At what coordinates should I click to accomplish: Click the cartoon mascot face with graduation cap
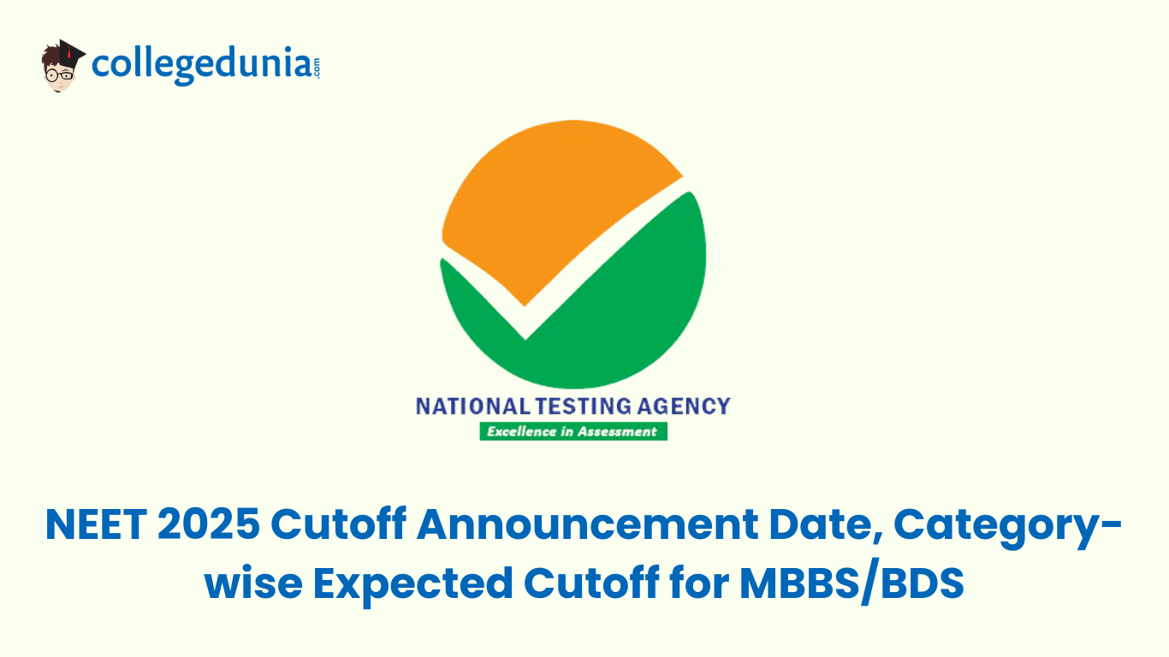pos(62,66)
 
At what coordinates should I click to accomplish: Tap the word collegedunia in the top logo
pos(201,65)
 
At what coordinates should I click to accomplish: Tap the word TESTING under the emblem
pos(579,405)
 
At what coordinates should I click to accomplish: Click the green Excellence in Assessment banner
pos(573,431)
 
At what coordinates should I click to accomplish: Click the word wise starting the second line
pos(249,584)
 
